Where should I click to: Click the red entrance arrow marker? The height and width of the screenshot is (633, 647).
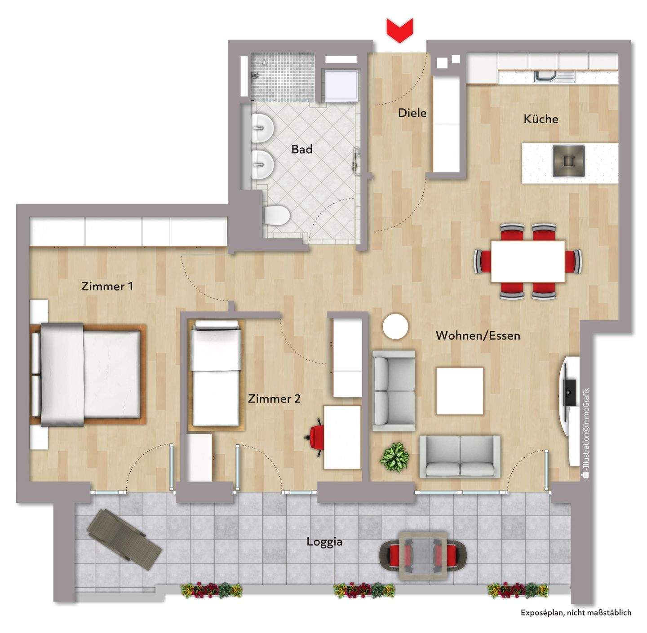[399, 30]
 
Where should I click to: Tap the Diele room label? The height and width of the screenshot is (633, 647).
[412, 113]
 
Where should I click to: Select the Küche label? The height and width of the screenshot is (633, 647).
[541, 119]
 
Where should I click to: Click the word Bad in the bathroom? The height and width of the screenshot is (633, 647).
[301, 149]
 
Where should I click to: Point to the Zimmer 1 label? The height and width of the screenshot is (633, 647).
[107, 286]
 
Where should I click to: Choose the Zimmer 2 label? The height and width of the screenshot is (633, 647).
[274, 398]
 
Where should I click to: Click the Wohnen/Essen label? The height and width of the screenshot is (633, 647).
[478, 336]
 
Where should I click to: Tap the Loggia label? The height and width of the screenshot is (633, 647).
[324, 542]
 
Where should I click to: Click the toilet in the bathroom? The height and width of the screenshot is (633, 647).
[276, 215]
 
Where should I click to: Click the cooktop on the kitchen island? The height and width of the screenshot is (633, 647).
[568, 161]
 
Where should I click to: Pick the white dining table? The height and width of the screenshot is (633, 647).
[528, 261]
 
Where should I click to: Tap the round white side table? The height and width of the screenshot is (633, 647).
[395, 327]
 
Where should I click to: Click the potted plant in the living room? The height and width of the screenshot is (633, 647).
[394, 457]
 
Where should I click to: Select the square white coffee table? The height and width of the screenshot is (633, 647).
[460, 391]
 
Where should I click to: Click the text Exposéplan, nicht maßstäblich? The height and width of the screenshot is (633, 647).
[576, 612]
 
